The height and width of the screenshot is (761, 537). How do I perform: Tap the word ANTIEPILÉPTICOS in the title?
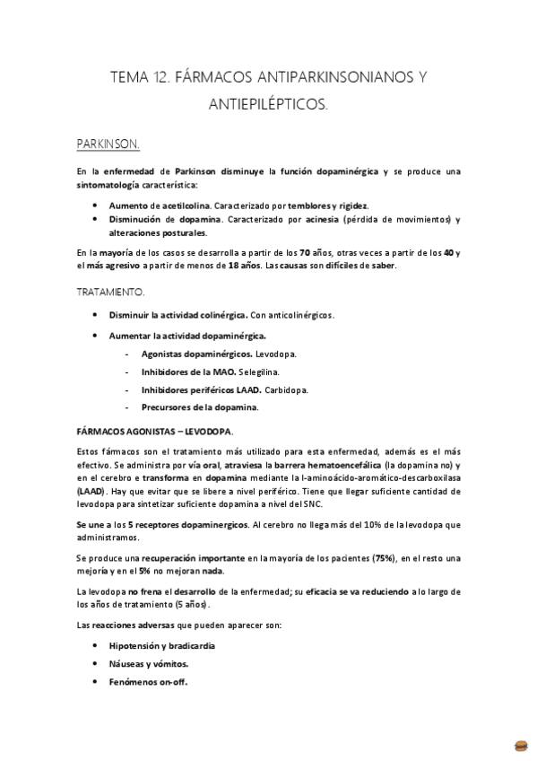coord(268,106)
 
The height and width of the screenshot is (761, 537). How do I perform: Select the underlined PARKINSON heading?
coord(108,143)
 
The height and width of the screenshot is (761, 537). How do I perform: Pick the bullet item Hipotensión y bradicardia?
coord(162,646)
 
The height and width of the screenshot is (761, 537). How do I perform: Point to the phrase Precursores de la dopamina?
coord(200,407)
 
